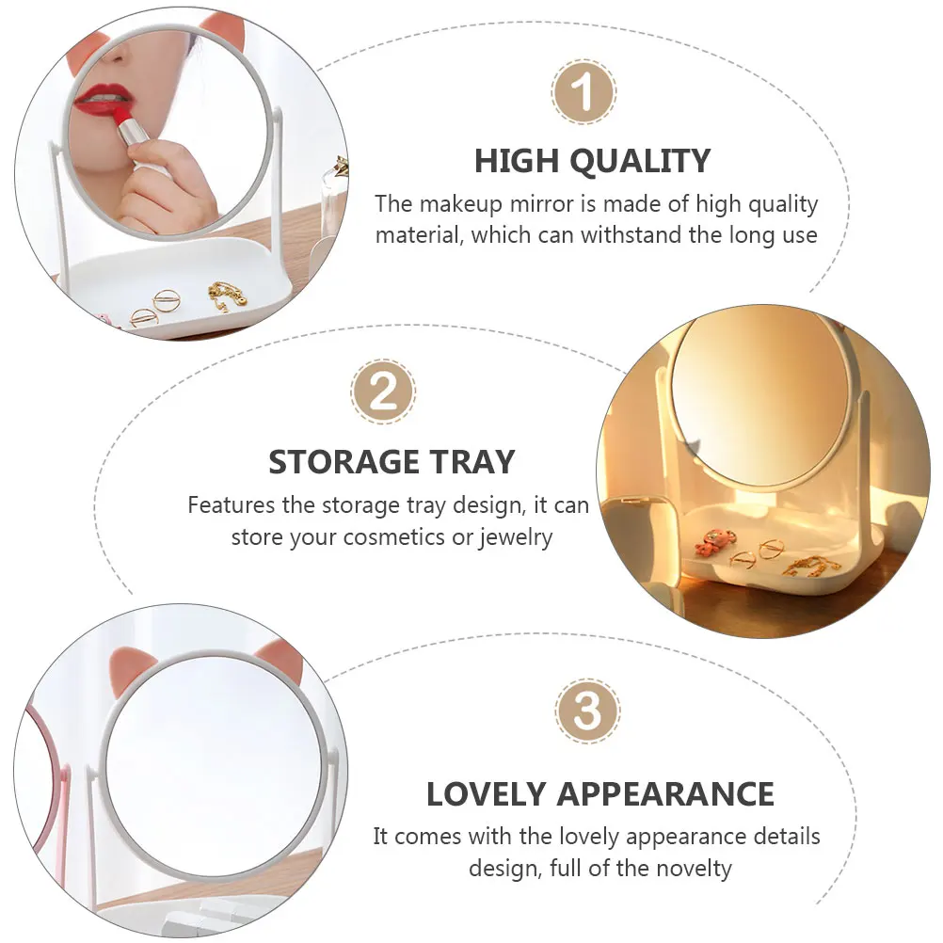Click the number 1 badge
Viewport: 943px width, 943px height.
583,93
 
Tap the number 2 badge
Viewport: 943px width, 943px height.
383,392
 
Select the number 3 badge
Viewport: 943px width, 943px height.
587,712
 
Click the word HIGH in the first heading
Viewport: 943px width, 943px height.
515,162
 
